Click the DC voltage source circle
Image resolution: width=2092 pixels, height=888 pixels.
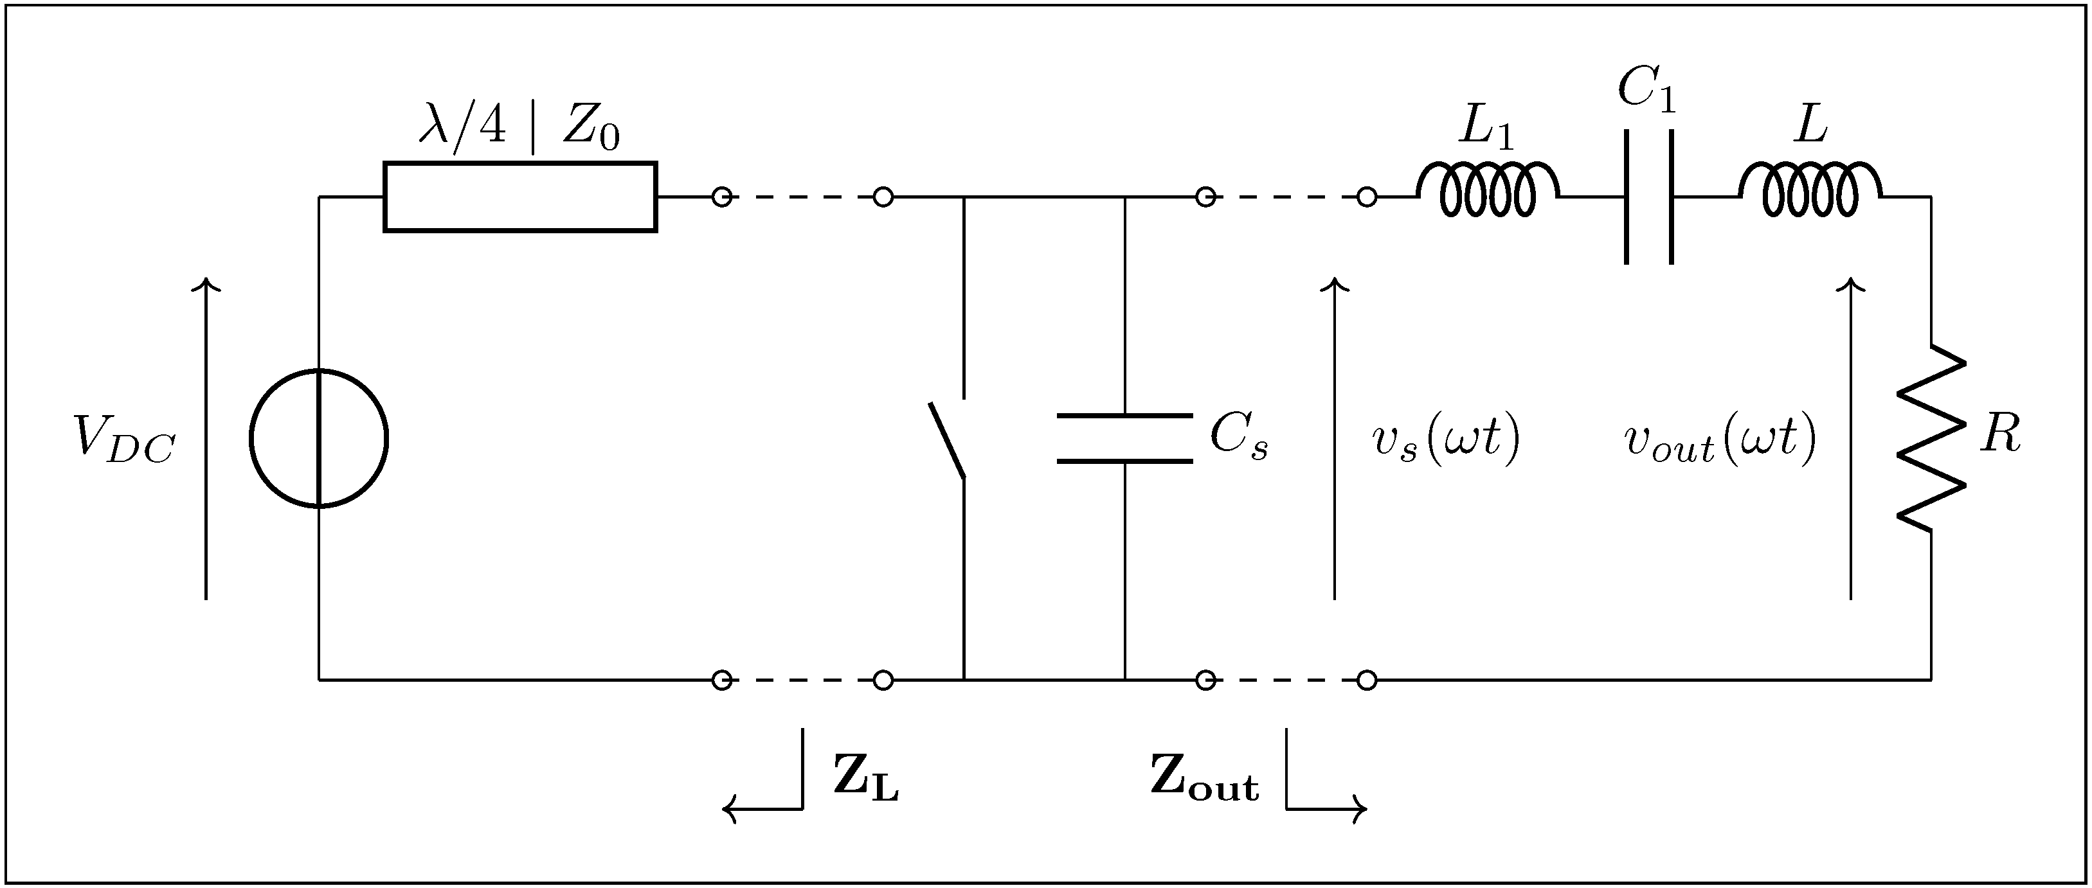click(x=318, y=438)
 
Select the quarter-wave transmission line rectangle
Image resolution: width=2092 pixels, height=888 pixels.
click(x=519, y=197)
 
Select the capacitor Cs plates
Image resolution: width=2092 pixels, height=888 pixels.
click(x=1125, y=438)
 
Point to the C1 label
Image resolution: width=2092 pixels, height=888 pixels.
click(x=1646, y=89)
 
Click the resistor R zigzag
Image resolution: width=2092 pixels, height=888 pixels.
click(x=1931, y=439)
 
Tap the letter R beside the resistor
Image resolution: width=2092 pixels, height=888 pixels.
click(x=2000, y=434)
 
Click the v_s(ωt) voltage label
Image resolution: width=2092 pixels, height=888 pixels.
click(x=1445, y=441)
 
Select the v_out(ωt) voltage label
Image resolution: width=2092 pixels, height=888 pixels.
click(x=1719, y=441)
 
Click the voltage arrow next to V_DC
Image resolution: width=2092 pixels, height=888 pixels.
click(x=207, y=439)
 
